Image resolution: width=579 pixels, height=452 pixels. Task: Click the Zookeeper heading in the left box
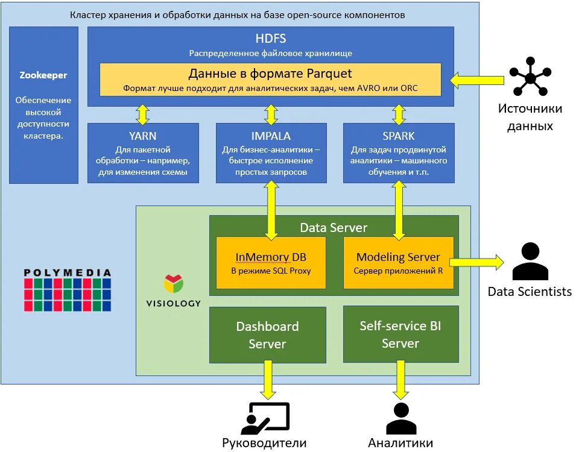pyautogui.click(x=43, y=75)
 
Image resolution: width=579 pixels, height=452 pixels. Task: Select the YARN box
pyautogui.click(x=143, y=153)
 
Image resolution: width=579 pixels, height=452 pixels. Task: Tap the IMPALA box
pyautogui.click(x=271, y=153)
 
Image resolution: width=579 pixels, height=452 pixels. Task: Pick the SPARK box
pyautogui.click(x=398, y=153)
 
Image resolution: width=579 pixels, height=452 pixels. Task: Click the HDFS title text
pyautogui.click(x=270, y=39)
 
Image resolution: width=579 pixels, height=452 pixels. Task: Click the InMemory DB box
pyautogui.click(x=271, y=263)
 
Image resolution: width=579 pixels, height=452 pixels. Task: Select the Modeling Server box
pyautogui.click(x=398, y=263)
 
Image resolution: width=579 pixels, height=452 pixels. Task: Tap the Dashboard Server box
pyautogui.click(x=267, y=334)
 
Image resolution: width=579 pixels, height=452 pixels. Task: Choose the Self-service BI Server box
pyautogui.click(x=400, y=334)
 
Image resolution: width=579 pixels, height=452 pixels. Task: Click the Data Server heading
pyautogui.click(x=334, y=228)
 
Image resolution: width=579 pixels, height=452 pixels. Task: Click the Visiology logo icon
pyautogui.click(x=173, y=284)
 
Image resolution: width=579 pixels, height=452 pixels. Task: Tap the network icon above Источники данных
pyautogui.click(x=530, y=77)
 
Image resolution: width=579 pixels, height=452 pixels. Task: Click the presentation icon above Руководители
pyautogui.click(x=265, y=418)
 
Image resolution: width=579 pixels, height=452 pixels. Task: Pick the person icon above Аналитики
pyautogui.click(x=400, y=418)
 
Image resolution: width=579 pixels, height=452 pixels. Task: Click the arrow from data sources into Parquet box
pyautogui.click(x=477, y=79)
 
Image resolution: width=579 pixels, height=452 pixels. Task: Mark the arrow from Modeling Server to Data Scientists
pyautogui.click(x=476, y=262)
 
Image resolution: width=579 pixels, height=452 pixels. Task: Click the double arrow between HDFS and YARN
pyautogui.click(x=143, y=114)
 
